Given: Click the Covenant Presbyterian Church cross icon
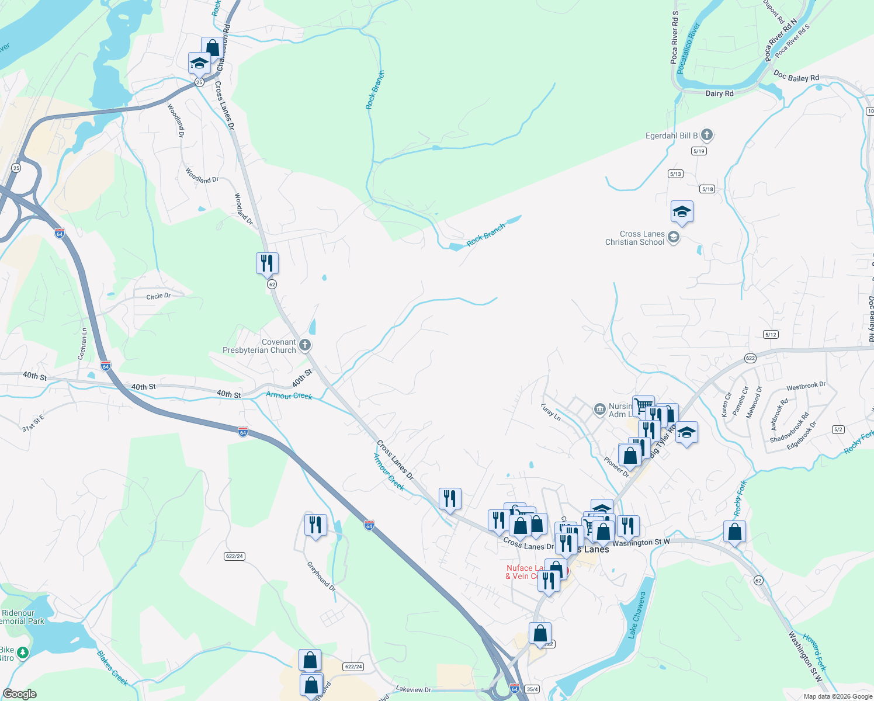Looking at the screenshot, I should coord(304,346).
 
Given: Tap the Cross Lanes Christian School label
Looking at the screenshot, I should coord(635,238).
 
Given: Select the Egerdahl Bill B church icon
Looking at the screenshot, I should coord(706,136).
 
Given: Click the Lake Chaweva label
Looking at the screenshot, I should coord(637,615).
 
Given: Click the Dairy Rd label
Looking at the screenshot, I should coord(719,93).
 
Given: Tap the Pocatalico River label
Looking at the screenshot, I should coord(688,48).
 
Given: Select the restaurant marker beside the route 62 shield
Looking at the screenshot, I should coord(267,263).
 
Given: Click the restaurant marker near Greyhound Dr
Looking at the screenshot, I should coord(315,525).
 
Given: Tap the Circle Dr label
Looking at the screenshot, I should coord(158,296).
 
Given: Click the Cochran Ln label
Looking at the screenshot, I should coord(82,343).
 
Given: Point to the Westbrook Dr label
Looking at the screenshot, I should coord(806,386).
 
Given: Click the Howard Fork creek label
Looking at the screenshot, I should coord(815,652).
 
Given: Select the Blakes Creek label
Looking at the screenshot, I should coord(112,668).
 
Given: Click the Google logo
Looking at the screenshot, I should coord(20,694).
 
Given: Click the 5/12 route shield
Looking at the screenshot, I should coord(771,335).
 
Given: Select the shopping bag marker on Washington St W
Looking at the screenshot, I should coord(734,532).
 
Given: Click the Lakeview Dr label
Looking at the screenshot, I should coord(413,690).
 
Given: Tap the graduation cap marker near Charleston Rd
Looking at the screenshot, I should coord(199,63).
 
